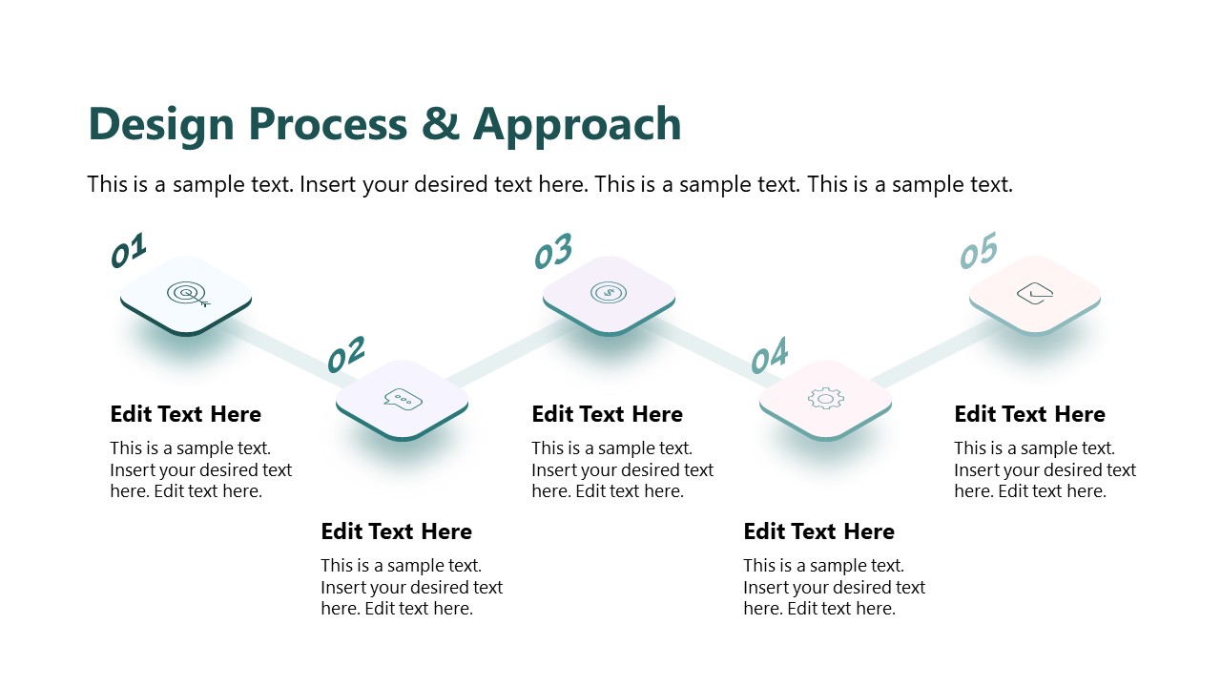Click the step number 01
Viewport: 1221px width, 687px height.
129,250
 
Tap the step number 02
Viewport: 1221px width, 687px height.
345,354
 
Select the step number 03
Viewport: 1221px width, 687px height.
553,250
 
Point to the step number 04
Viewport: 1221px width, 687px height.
769,355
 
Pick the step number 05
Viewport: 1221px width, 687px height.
979,250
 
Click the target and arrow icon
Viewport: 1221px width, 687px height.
188,295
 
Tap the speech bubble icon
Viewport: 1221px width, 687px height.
403,399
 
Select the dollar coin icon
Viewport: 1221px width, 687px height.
609,293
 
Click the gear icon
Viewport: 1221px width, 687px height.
826,399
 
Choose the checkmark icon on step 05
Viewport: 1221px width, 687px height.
1035,293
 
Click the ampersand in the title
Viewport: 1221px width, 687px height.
441,124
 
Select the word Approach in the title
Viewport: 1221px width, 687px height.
577,126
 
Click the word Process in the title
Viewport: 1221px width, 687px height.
328,124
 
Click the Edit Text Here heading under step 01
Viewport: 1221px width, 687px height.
185,414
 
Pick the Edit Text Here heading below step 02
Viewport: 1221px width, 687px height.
396,531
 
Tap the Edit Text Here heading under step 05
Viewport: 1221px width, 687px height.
1029,414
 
